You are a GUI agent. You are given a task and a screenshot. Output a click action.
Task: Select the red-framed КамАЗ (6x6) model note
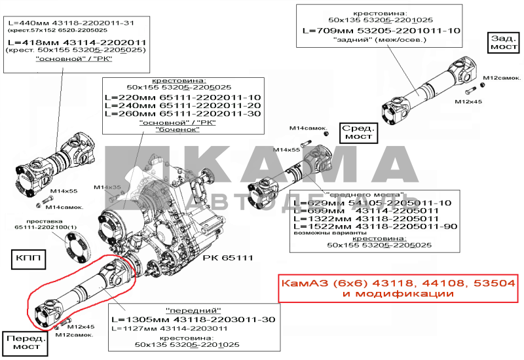click(x=398, y=289)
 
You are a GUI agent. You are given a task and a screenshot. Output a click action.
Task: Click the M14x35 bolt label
click(x=108, y=188)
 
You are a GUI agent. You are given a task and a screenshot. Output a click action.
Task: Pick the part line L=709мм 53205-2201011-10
click(x=381, y=31)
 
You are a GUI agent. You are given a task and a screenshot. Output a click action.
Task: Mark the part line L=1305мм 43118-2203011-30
click(x=193, y=319)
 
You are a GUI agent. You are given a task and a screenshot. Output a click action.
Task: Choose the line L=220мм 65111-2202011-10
click(x=182, y=97)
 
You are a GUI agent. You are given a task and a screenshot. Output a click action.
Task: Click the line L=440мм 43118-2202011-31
click(x=76, y=22)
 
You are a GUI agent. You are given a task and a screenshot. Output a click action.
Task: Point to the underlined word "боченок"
click(x=177, y=130)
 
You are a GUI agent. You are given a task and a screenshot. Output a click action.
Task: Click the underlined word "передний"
click(x=194, y=310)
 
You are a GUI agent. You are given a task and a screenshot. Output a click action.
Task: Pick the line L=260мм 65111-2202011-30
click(x=182, y=114)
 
